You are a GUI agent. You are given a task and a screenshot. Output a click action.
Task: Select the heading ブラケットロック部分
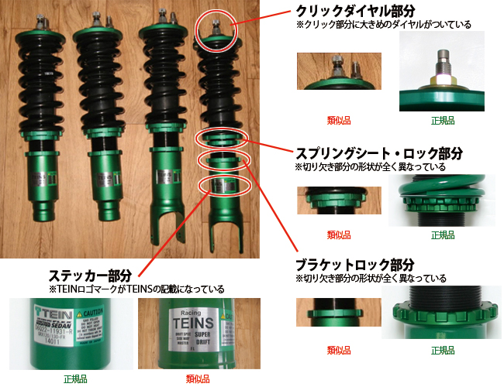[357, 264]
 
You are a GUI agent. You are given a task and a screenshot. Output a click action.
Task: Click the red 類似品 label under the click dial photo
[339, 122]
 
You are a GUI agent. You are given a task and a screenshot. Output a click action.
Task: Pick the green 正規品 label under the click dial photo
[443, 122]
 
